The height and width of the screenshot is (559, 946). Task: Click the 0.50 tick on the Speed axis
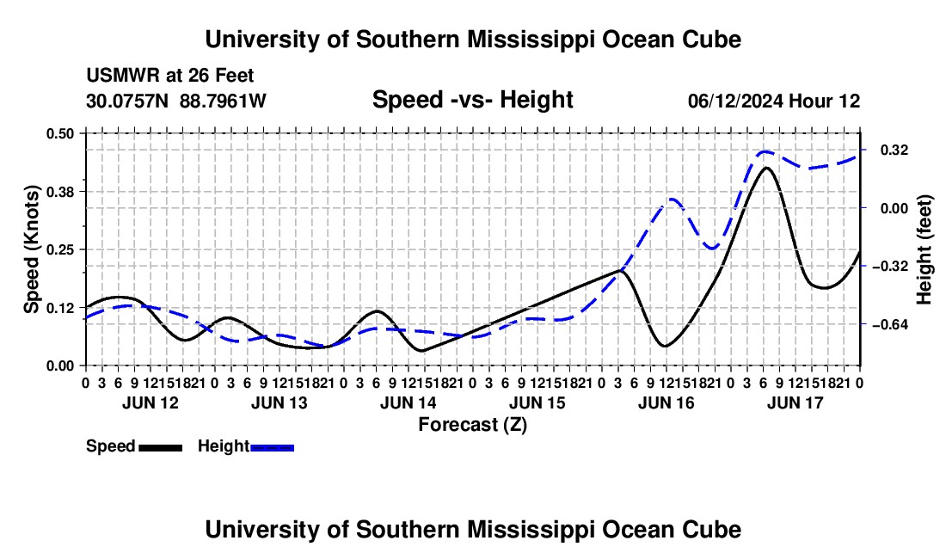(x=59, y=133)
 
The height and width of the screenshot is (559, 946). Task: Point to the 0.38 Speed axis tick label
(x=59, y=192)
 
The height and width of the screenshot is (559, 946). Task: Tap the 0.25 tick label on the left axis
(x=59, y=249)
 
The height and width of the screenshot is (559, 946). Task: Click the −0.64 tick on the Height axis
(x=890, y=325)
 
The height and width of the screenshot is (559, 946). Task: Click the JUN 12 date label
(x=150, y=402)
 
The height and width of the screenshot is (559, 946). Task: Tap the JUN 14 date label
(x=408, y=402)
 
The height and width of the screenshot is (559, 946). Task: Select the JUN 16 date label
(x=666, y=402)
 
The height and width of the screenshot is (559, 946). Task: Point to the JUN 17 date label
(x=795, y=402)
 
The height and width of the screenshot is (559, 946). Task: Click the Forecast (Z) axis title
(x=473, y=425)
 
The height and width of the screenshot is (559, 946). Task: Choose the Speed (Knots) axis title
(x=31, y=249)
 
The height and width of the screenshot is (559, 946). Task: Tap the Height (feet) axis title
(x=924, y=249)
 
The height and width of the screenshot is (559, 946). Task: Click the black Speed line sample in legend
(x=161, y=448)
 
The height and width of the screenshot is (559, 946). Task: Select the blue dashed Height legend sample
(x=272, y=448)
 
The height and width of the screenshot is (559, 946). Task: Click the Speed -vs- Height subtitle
(x=472, y=100)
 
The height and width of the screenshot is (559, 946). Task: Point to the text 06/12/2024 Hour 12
(x=774, y=101)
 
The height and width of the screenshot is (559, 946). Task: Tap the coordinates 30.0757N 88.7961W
(x=176, y=101)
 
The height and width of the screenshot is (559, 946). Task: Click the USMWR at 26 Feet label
(x=170, y=76)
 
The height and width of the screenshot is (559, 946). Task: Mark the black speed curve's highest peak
(x=766, y=168)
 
